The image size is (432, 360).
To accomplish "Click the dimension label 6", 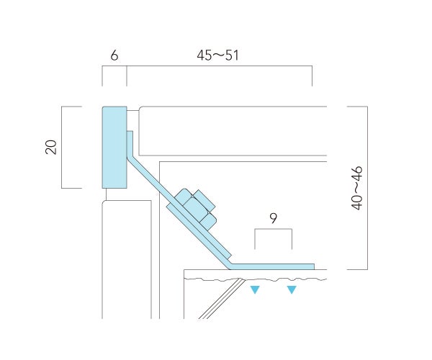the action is [x=114, y=55].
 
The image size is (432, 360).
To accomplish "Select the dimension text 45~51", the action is [x=217, y=55].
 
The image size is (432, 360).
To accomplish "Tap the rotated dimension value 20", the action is [x=51, y=147].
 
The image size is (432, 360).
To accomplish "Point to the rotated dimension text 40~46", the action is [x=357, y=188].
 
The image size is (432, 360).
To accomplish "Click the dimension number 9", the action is [x=273, y=218].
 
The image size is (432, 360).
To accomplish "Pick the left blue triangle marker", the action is [x=255, y=289].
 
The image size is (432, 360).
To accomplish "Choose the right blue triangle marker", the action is [x=292, y=289].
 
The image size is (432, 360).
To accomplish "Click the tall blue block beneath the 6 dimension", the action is [x=114, y=148].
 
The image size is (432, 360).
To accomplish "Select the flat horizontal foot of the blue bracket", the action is [x=271, y=266].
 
